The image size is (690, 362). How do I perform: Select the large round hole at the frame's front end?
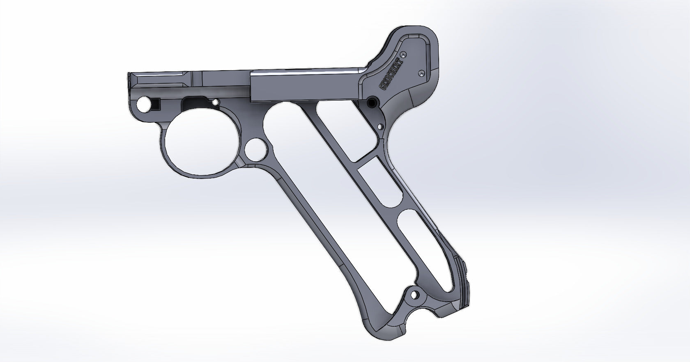(x=144, y=105)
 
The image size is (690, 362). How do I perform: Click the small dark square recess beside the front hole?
(x=156, y=104)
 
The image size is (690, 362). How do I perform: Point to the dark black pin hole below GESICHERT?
(x=373, y=102)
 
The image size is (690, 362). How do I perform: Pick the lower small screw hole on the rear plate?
(x=421, y=73)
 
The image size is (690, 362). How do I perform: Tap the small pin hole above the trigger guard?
(x=216, y=101)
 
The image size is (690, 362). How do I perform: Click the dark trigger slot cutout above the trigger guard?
(x=195, y=103)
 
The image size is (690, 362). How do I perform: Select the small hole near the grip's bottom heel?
(x=415, y=295)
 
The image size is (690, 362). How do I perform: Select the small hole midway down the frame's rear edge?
(x=380, y=127)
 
